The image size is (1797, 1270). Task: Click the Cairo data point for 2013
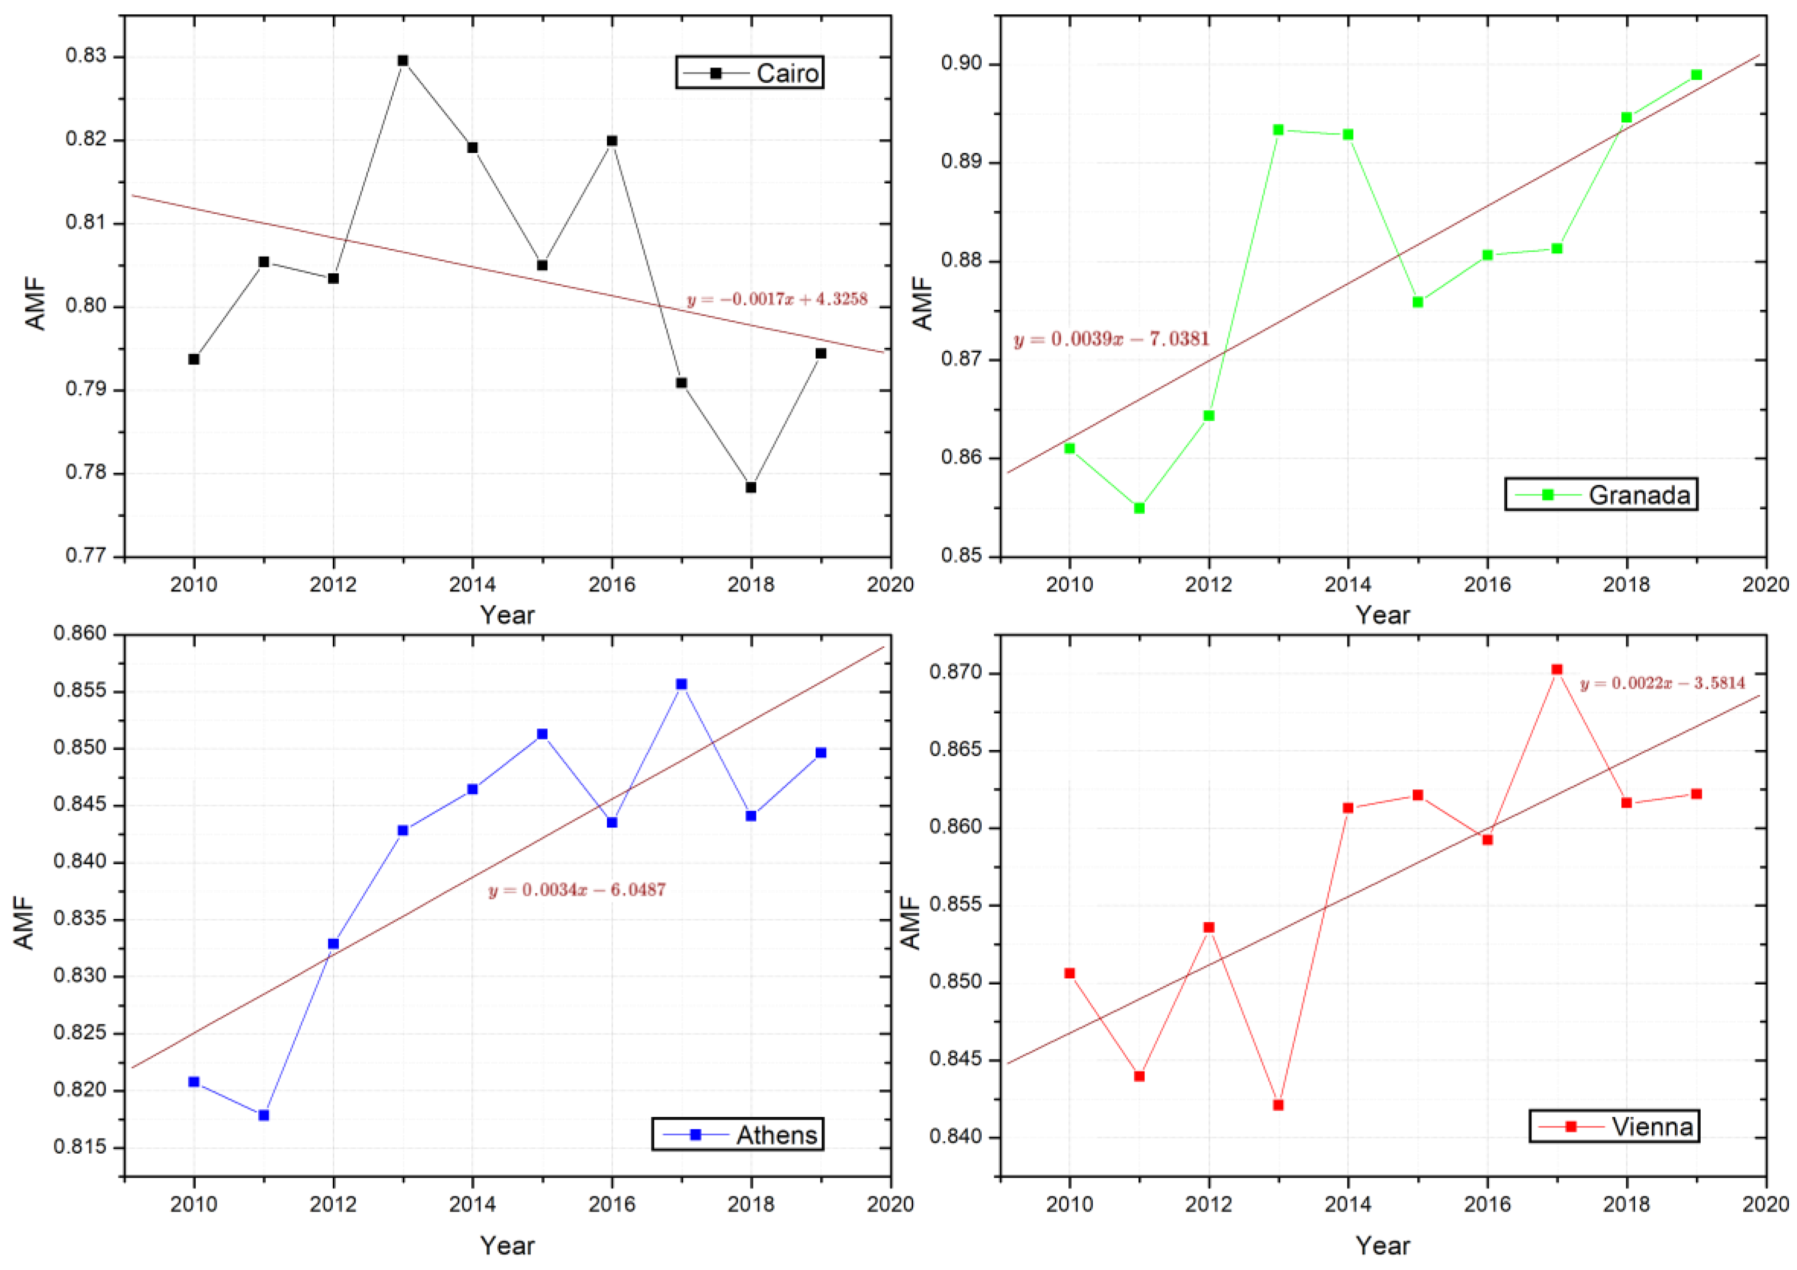(x=403, y=60)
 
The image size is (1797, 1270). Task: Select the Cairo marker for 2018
(x=750, y=487)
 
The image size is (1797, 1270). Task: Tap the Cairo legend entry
(x=750, y=73)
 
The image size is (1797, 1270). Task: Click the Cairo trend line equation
(x=777, y=300)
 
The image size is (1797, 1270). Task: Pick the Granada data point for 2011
(x=1139, y=508)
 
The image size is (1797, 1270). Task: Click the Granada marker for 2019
(x=1697, y=75)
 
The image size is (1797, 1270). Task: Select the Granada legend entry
(x=1601, y=494)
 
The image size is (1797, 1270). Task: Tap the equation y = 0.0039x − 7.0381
(x=1112, y=340)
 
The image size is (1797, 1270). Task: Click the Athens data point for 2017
(x=682, y=684)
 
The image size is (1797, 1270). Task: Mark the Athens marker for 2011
(x=264, y=1115)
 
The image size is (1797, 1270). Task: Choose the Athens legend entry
(x=738, y=1134)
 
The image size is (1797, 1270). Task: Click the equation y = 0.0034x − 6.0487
(x=577, y=890)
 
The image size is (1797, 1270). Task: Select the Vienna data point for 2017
(x=1557, y=670)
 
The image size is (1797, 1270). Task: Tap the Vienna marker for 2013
(x=1278, y=1105)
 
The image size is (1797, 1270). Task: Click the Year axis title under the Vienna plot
(x=1383, y=1246)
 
